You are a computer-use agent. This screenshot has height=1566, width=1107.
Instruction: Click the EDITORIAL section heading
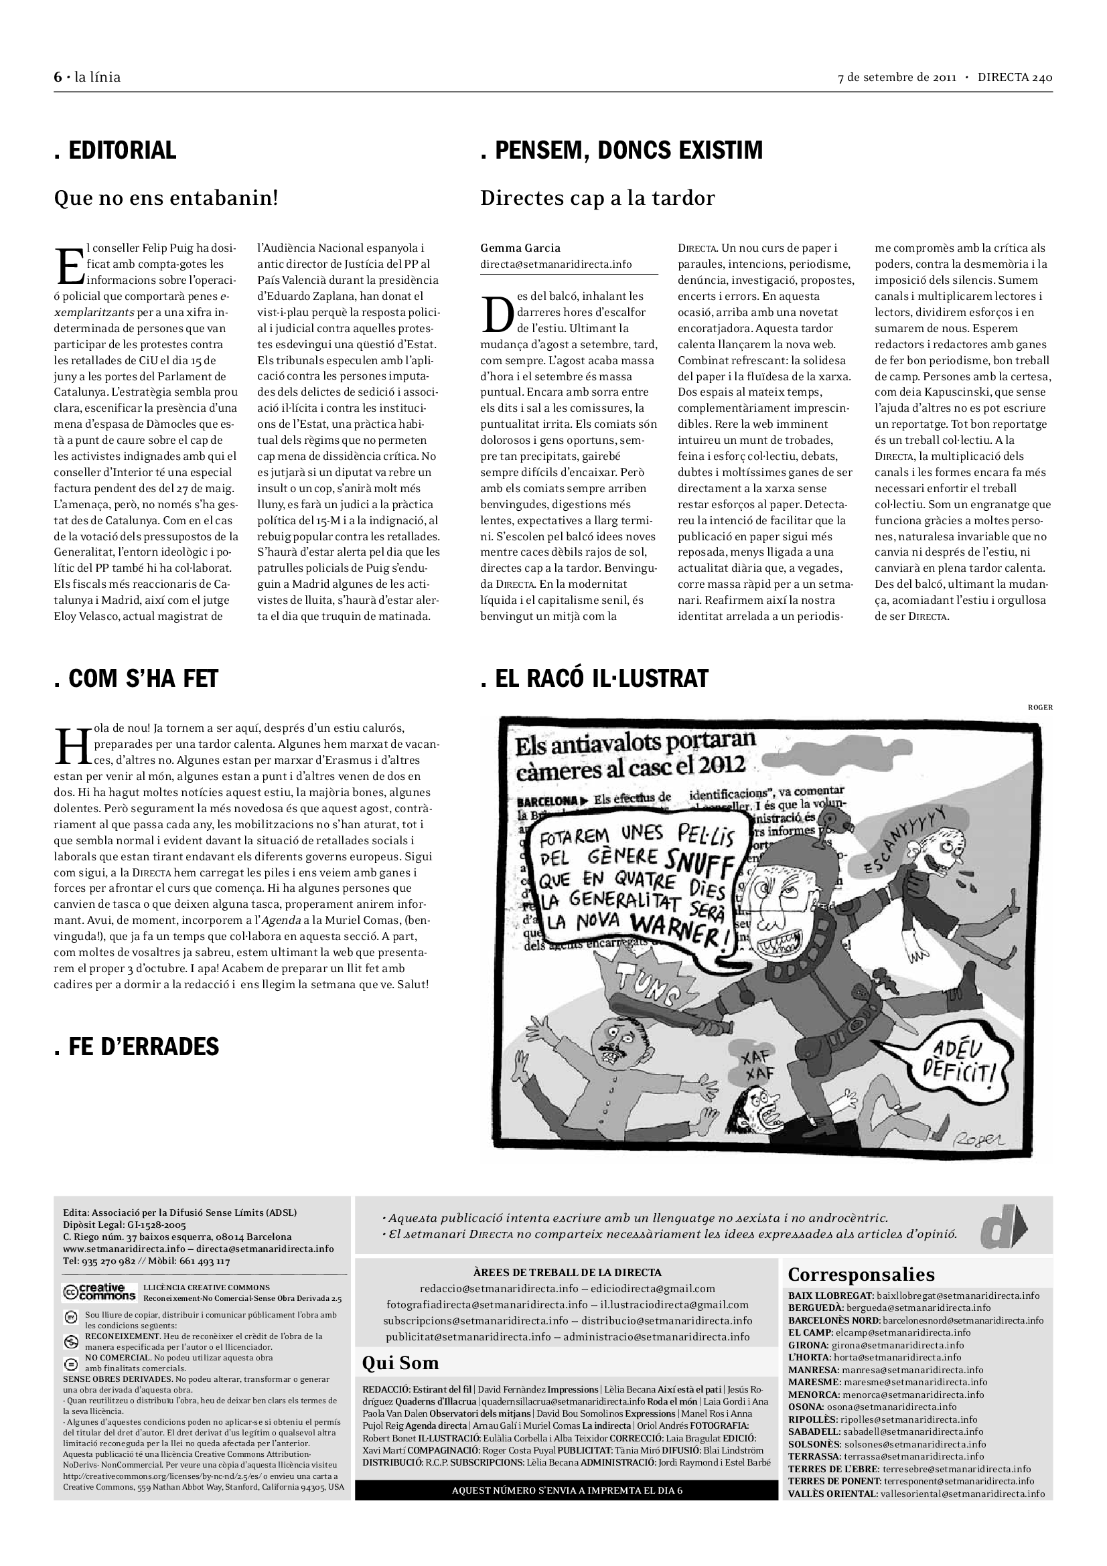115,150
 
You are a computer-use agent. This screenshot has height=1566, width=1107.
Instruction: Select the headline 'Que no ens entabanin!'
165,198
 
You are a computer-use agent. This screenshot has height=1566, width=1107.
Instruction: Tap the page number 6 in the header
58,77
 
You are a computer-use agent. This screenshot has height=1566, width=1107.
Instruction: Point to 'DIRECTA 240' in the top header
1014,77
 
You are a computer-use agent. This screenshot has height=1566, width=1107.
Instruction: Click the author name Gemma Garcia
520,248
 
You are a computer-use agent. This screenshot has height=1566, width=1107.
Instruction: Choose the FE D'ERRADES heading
137,1046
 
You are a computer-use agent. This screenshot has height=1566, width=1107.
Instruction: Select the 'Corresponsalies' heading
861,1275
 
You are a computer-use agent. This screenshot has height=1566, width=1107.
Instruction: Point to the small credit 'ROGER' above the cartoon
1039,707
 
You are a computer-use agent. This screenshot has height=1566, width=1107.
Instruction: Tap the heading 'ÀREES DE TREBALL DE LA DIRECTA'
567,1272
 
